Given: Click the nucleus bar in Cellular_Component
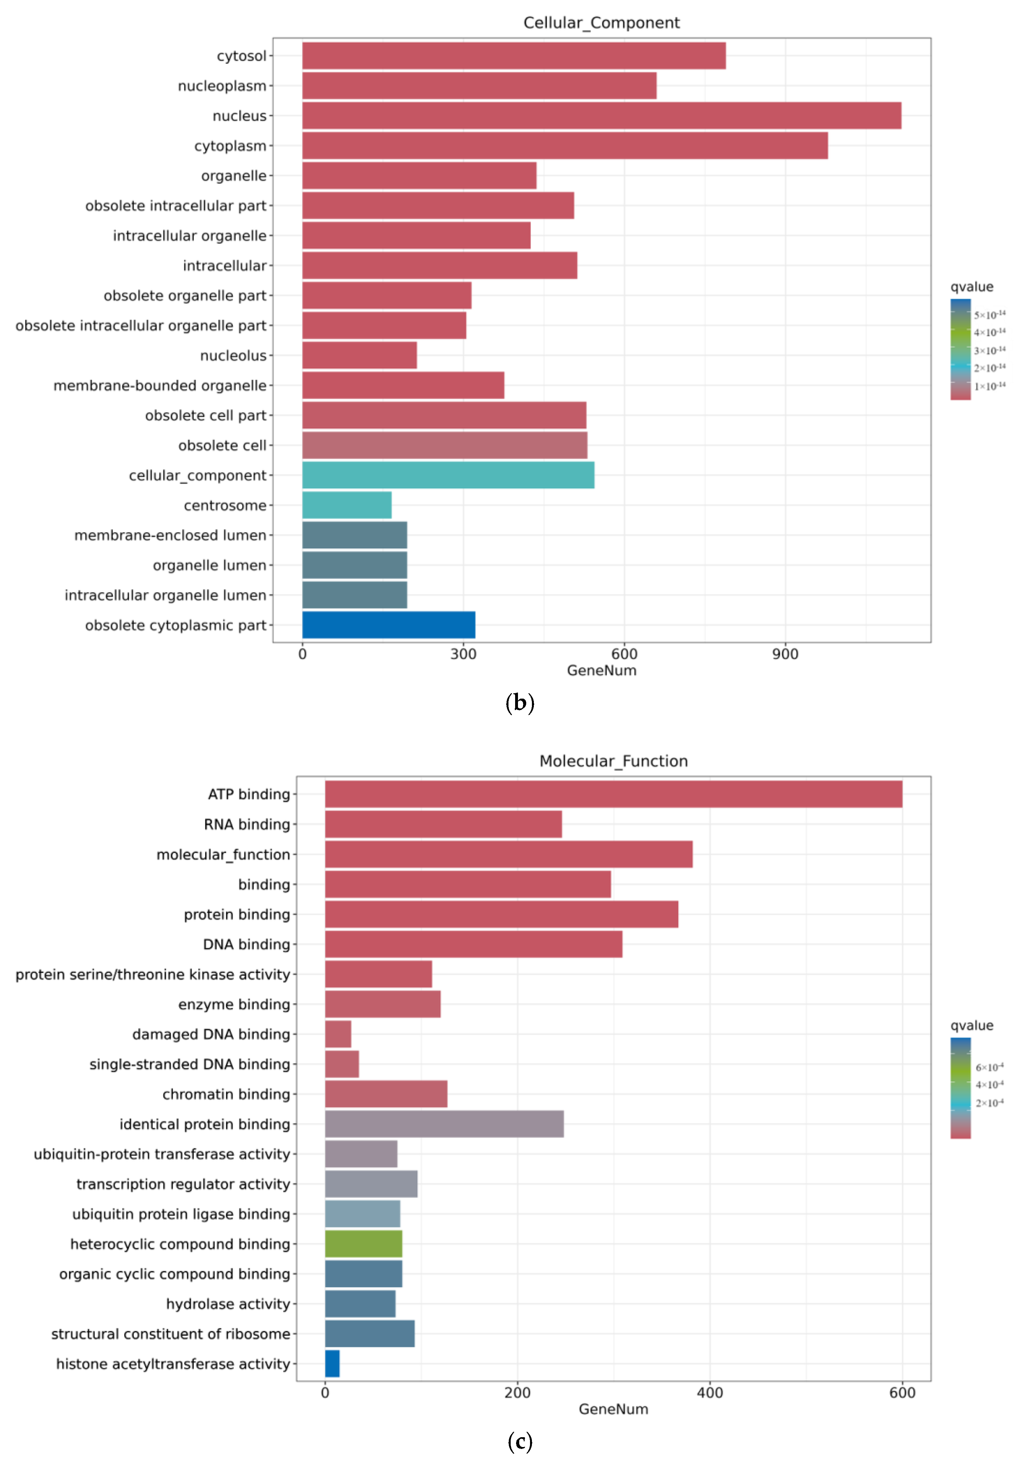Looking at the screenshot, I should click(x=601, y=116).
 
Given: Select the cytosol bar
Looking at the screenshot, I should click(x=514, y=55).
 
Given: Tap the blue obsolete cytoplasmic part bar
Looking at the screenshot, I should click(x=388, y=625).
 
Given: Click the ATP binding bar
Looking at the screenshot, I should click(x=613, y=794).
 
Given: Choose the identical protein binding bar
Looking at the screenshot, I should click(x=444, y=1124).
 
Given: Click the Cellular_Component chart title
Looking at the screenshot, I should click(x=601, y=23).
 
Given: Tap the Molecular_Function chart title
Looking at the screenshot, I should click(x=613, y=761).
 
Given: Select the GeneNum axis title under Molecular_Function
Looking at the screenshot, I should click(x=613, y=1409).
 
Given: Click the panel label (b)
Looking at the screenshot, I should click(x=519, y=703).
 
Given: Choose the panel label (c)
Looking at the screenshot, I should click(x=519, y=1441).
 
